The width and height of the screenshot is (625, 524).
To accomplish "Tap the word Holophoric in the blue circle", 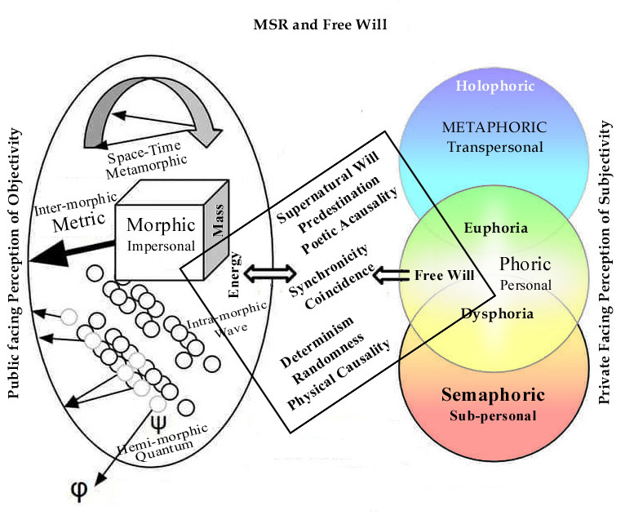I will coord(484,86).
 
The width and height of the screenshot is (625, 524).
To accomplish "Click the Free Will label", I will coord(439,274).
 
